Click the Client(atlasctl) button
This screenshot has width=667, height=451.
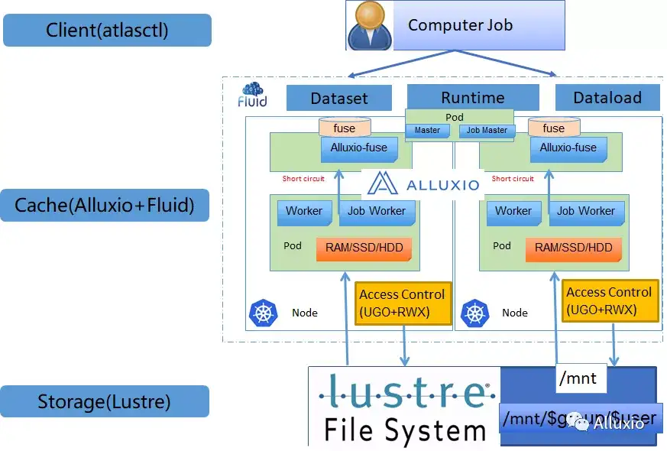pyautogui.click(x=107, y=31)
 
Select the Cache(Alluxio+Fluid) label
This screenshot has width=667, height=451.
pyautogui.click(x=105, y=205)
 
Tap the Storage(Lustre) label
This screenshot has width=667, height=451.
pyautogui.click(x=105, y=401)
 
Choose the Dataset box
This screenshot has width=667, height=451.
pyautogui.click(x=338, y=98)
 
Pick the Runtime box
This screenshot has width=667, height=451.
pyautogui.click(x=472, y=97)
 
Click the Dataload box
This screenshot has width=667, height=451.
pyautogui.click(x=608, y=98)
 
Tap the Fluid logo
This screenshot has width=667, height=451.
pyautogui.click(x=253, y=96)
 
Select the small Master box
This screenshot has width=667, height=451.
pyautogui.click(x=427, y=130)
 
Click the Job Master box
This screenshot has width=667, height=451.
pyautogui.click(x=487, y=130)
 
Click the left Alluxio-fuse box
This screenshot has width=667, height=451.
pyautogui.click(x=358, y=148)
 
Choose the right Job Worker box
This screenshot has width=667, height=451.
pyautogui.click(x=586, y=211)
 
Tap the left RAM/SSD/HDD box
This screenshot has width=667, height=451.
pyautogui.click(x=364, y=248)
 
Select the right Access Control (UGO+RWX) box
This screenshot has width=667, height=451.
pyautogui.click(x=609, y=300)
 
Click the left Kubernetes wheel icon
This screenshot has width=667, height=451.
pyautogui.click(x=262, y=312)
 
